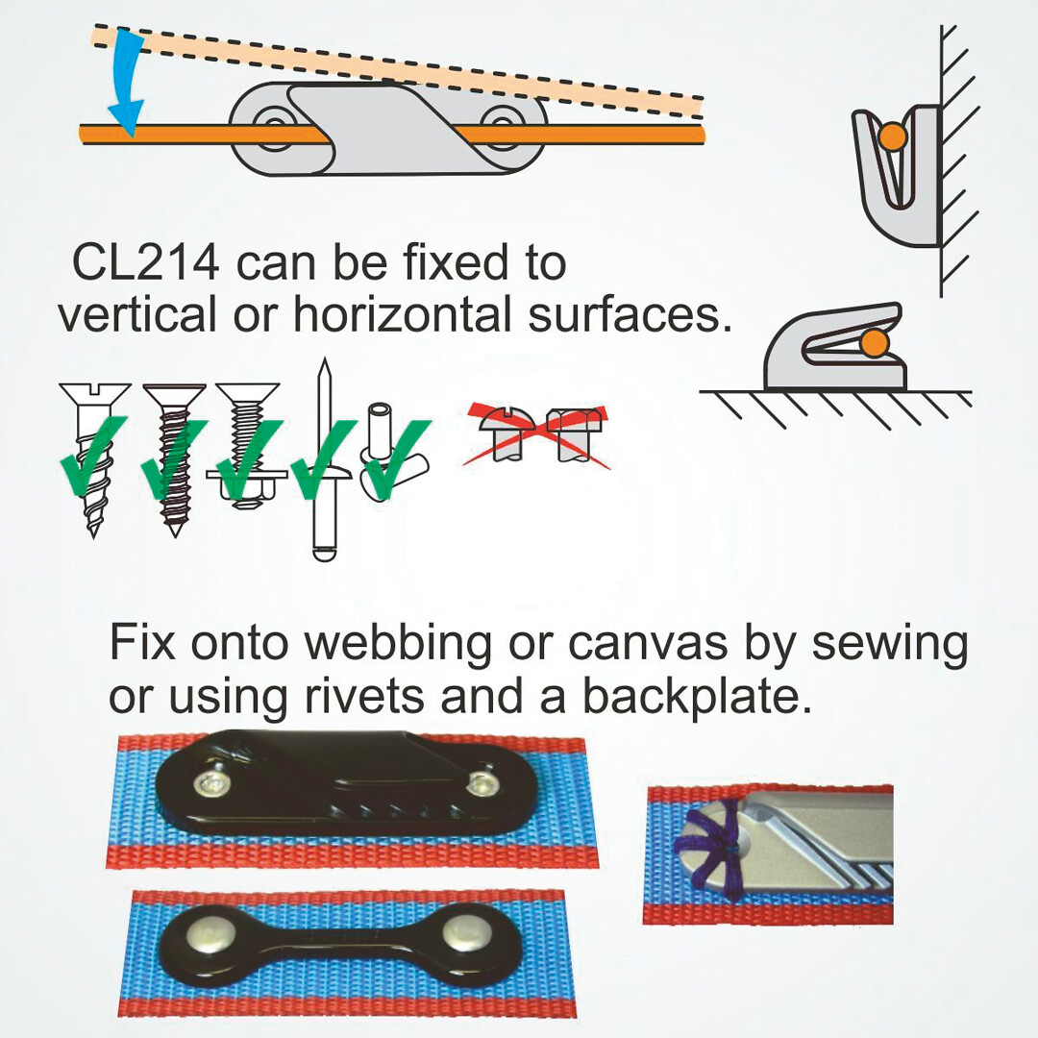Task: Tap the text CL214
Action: pyautogui.click(x=146, y=262)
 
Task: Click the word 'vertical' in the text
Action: pyautogui.click(x=137, y=313)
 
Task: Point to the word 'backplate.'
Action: pyautogui.click(x=697, y=697)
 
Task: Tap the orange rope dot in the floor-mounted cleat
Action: pyautogui.click(x=876, y=342)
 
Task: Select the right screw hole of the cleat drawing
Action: pyautogui.click(x=501, y=124)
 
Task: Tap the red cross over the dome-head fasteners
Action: pyautogui.click(x=537, y=434)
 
